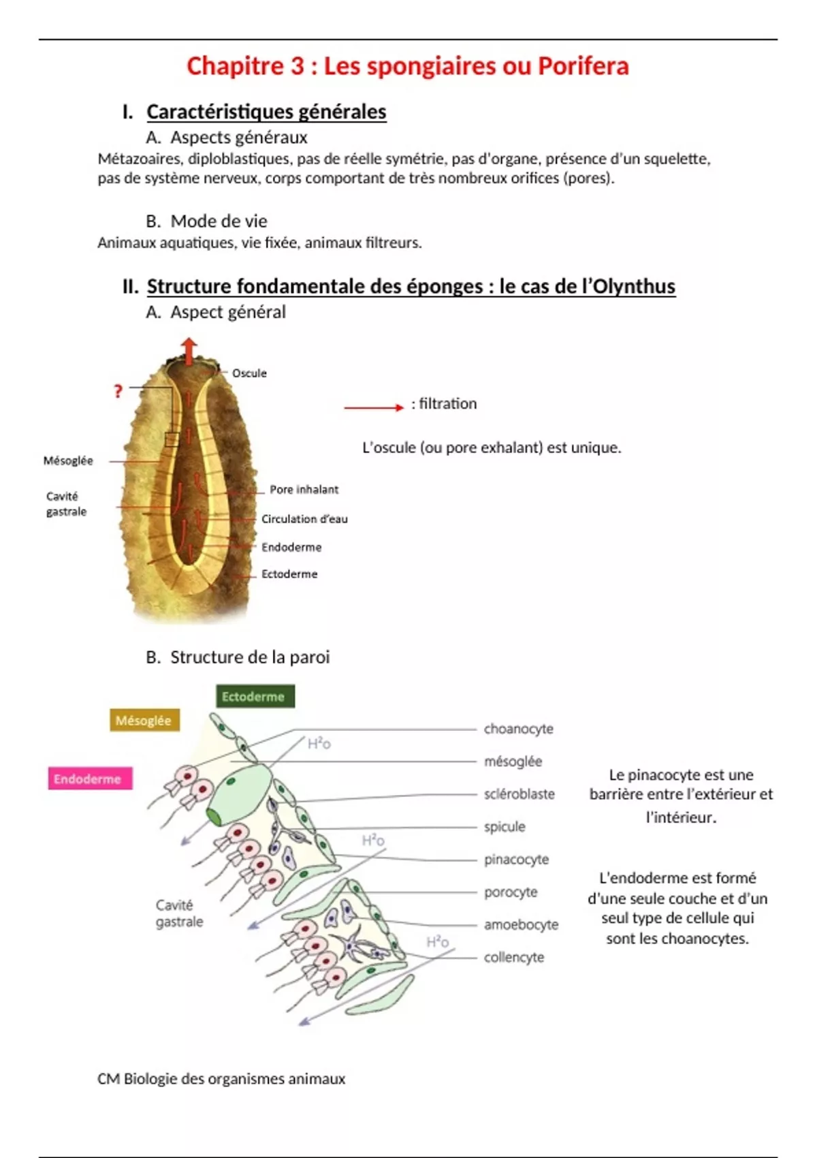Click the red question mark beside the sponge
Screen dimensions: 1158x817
(x=118, y=391)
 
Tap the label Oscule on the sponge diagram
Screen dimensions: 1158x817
(x=249, y=373)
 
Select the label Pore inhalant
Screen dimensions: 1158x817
(x=304, y=489)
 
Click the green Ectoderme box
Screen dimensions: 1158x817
(x=255, y=696)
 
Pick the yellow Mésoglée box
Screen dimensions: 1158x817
(x=144, y=720)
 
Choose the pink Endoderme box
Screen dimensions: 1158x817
(x=89, y=779)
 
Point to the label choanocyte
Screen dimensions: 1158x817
(x=518, y=729)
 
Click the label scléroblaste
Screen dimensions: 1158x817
(x=519, y=794)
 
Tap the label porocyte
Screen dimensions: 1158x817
(x=511, y=892)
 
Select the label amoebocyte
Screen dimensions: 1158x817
(x=521, y=925)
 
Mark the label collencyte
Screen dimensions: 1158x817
(x=514, y=958)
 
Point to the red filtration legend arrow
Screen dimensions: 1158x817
(x=373, y=407)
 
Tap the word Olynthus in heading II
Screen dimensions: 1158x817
(x=634, y=286)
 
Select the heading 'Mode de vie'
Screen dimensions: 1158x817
(x=219, y=221)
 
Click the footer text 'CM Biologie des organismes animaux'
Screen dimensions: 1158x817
(x=221, y=1079)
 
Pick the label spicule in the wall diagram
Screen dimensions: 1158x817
(x=504, y=827)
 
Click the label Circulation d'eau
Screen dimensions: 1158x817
(x=304, y=519)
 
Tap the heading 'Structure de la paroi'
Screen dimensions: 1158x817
(x=250, y=657)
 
